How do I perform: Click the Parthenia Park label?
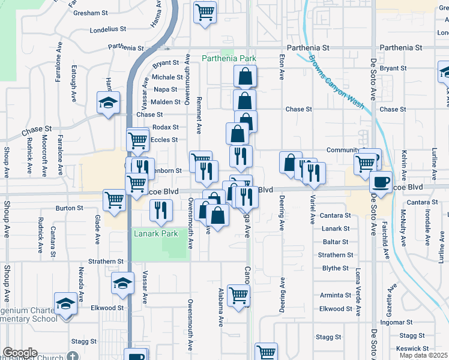click(x=229, y=58)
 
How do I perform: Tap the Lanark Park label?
click(x=156, y=233)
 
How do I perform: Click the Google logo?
click(x=20, y=353)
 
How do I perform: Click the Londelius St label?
click(x=107, y=29)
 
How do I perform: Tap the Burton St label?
click(x=69, y=208)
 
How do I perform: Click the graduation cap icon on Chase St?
click(x=109, y=103)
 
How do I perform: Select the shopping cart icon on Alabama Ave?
click(x=238, y=295)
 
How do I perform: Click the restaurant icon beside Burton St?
click(x=160, y=210)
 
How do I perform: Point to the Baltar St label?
click(x=336, y=242)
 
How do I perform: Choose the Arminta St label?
click(x=336, y=295)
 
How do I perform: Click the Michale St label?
click(x=167, y=77)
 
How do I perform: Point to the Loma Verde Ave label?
click(x=358, y=293)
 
